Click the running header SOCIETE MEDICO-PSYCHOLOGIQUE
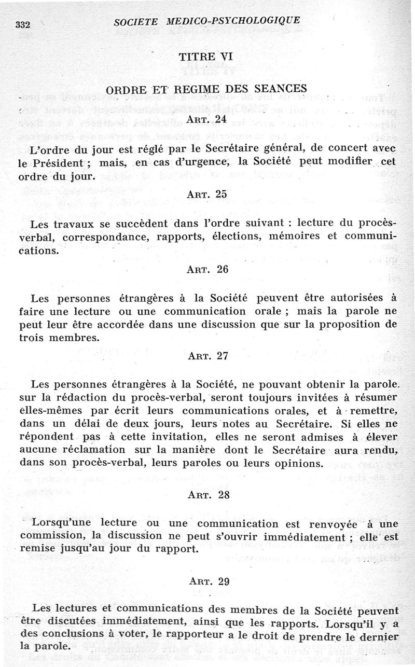point(206,21)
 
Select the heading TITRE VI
point(205,58)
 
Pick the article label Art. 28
point(208,494)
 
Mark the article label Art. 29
point(208,581)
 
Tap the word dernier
point(378,637)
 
